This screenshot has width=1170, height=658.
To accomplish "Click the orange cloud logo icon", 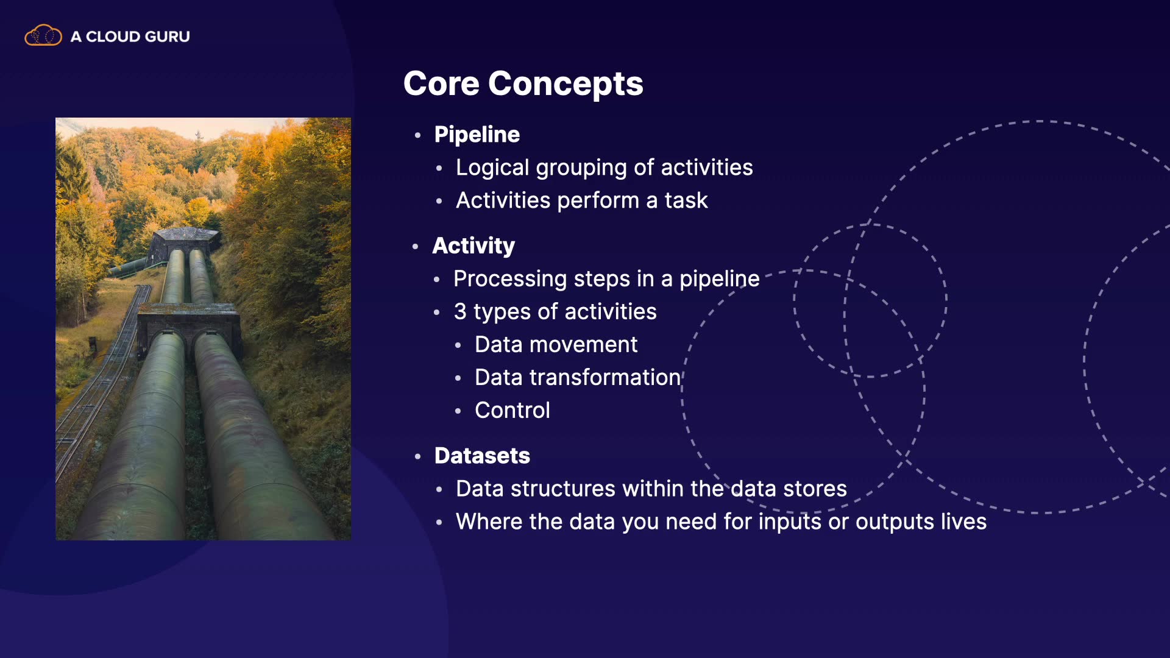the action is (43, 36).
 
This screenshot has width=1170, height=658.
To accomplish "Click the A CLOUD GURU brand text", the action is (130, 37).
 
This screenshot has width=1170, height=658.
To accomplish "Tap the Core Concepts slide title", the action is (523, 83).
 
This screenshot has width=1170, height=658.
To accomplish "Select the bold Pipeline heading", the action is (477, 135).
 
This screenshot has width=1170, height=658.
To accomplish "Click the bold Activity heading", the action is (473, 246).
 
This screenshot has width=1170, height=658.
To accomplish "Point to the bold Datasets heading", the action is (482, 456).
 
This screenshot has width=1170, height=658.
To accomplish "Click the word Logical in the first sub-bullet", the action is (492, 168).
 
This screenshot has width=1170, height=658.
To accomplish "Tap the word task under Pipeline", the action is (686, 200).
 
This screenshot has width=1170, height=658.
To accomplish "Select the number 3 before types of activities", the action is (460, 312).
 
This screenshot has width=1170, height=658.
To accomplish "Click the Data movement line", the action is (556, 345).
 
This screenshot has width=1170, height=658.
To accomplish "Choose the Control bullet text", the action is (512, 411).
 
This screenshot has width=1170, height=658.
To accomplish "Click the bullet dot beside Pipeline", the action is (417, 135).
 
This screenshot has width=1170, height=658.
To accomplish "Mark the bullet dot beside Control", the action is (458, 411).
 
